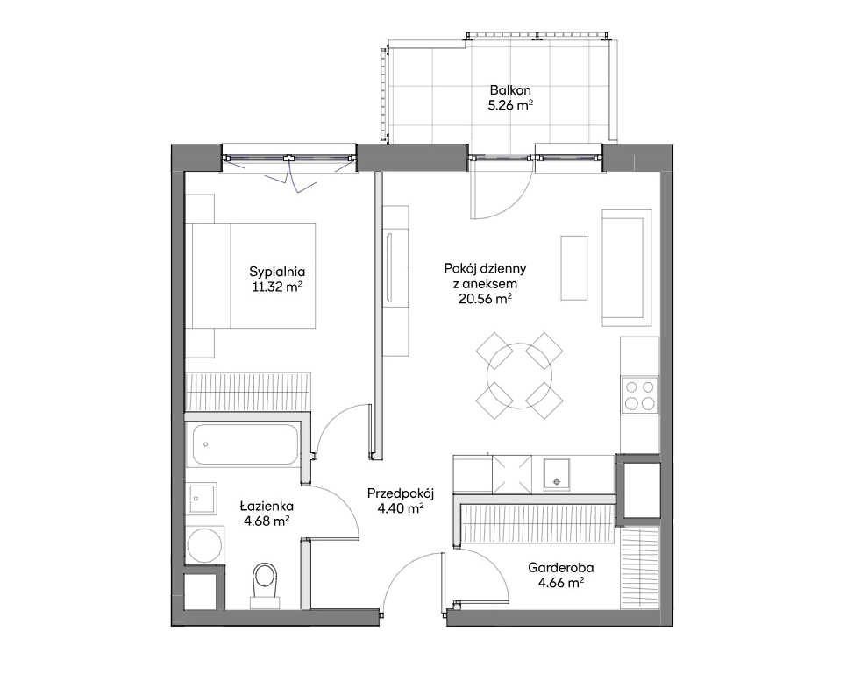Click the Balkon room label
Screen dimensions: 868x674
(509, 89)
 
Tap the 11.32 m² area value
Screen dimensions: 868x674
(277, 287)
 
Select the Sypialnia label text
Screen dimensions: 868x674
(277, 272)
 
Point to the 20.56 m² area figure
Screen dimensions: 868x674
(485, 299)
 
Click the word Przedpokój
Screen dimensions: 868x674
(400, 493)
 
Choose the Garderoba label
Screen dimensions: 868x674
(561, 567)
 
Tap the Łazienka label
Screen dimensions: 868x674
(267, 506)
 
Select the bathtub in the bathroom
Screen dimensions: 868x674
(245, 445)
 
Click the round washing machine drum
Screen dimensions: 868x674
(205, 545)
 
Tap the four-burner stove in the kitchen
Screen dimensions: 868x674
(639, 395)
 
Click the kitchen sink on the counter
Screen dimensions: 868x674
(557, 475)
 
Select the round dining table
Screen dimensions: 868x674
(519, 376)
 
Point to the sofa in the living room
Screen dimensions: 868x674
(627, 268)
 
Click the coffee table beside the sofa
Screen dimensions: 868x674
(574, 268)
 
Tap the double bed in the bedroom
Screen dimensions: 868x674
(253, 276)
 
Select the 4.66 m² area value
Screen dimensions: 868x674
(561, 582)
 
